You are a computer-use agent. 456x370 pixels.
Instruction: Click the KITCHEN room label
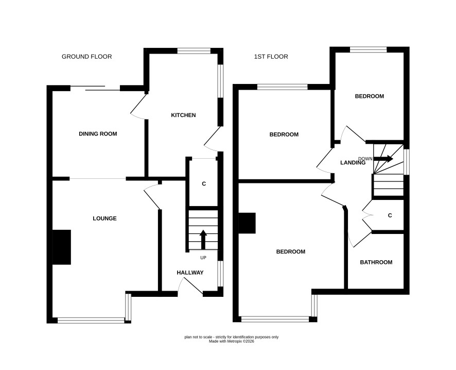(183, 115)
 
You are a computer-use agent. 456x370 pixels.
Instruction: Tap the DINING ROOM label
(98, 134)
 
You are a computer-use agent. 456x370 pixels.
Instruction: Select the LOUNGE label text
(104, 218)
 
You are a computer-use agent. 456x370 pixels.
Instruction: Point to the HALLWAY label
(190, 273)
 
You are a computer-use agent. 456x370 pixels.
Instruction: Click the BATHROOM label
(376, 262)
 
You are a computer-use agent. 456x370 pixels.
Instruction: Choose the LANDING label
(353, 163)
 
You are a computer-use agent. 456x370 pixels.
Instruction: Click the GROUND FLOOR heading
(86, 57)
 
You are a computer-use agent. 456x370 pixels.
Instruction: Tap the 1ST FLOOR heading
(271, 57)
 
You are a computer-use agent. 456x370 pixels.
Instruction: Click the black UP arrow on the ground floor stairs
(203, 239)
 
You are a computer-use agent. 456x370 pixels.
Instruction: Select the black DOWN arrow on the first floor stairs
(383, 159)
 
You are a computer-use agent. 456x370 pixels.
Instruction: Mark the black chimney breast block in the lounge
(62, 247)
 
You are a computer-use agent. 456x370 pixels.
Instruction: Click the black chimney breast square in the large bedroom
(247, 223)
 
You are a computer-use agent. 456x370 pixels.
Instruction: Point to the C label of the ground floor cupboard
(204, 184)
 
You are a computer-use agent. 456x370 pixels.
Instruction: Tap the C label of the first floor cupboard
(390, 215)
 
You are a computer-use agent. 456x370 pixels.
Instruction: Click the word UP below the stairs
(203, 258)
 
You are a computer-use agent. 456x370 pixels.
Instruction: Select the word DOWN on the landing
(365, 159)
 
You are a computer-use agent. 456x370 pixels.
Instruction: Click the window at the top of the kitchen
(194, 51)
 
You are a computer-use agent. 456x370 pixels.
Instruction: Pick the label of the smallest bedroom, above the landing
(370, 96)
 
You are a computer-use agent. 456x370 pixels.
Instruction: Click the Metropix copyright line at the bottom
(232, 341)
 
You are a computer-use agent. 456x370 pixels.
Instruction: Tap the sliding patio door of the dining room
(95, 88)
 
